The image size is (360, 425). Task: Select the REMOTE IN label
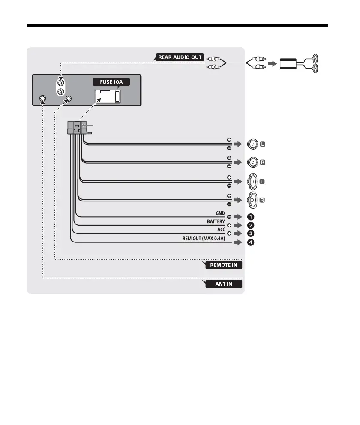tap(222, 265)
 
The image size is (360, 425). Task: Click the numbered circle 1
tap(251, 216)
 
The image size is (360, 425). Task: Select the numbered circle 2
tap(251, 225)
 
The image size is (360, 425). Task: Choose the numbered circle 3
tap(251, 233)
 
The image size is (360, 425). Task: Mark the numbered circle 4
tap(251, 242)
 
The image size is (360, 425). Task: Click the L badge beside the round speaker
tap(263, 145)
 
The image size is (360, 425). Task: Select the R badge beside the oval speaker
tap(263, 200)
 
